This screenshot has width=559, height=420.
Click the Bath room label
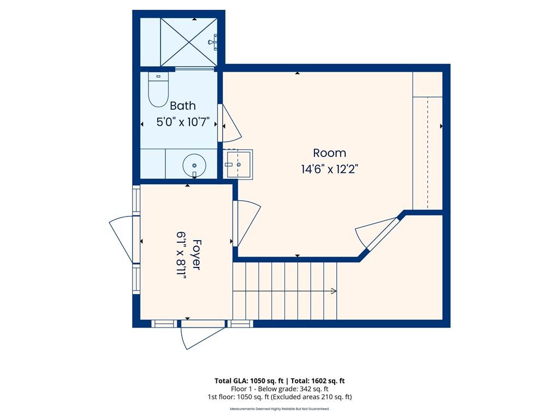182,106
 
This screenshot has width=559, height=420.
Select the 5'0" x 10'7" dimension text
183,122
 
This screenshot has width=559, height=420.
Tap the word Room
329,153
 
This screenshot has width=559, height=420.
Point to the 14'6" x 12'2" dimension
329,169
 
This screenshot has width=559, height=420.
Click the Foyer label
196,254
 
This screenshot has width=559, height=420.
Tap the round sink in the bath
194,166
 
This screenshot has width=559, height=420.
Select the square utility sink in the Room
238,164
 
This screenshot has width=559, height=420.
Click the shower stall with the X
188,42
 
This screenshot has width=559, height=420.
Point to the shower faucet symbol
213,41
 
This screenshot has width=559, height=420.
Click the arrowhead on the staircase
334,291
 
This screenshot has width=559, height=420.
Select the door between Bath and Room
230,123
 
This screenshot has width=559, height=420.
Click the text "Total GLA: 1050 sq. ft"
249,381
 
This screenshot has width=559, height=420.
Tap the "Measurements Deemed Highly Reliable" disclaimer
279,409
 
